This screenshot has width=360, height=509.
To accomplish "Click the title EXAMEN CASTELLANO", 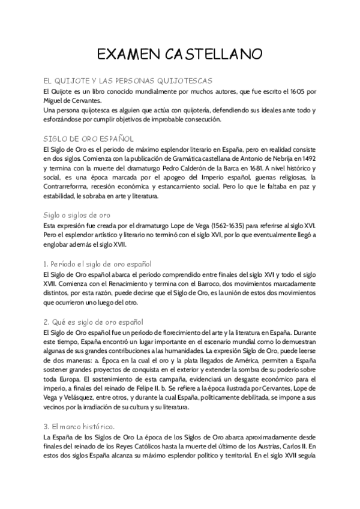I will click(x=179, y=55).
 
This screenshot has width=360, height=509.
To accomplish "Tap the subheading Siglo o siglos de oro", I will click(x=76, y=214).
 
